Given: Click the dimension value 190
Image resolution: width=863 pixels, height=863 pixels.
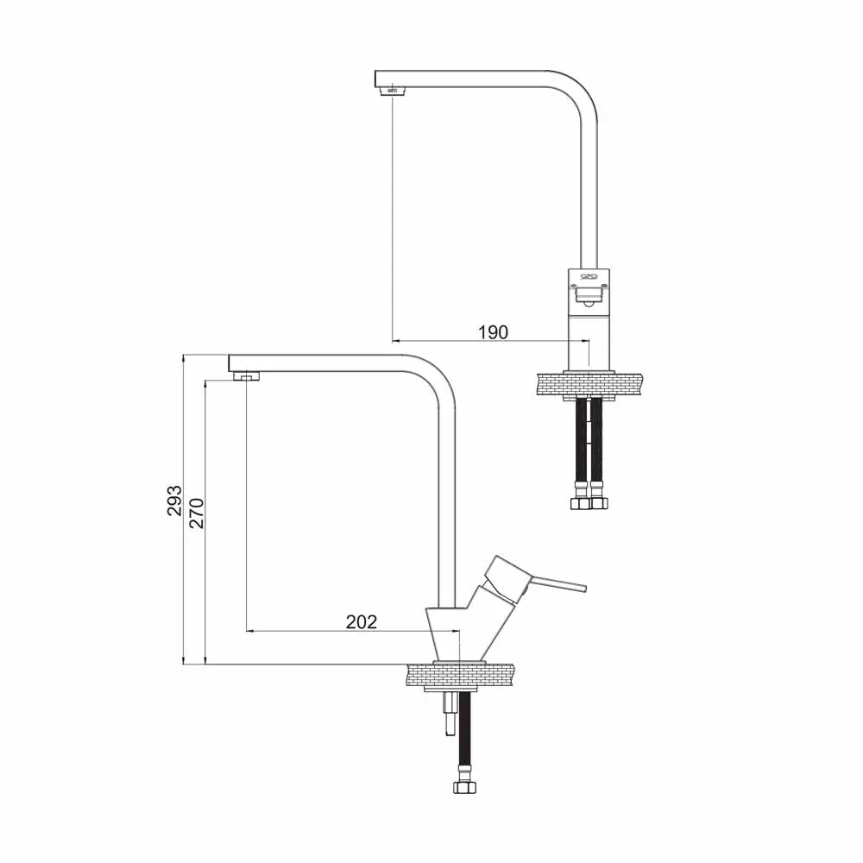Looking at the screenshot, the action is [x=493, y=332].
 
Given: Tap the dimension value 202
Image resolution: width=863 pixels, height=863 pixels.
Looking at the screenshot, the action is [x=362, y=621].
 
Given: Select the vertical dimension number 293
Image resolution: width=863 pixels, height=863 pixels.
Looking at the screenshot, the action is [x=174, y=501].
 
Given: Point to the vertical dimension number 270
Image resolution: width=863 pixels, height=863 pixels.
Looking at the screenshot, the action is [x=197, y=513].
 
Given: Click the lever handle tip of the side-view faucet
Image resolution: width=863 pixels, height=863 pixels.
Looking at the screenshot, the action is [x=583, y=588].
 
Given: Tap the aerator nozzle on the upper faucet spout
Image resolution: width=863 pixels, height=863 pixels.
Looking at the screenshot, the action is [x=393, y=90].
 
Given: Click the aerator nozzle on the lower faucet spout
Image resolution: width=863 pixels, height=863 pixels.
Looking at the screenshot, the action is [x=247, y=376].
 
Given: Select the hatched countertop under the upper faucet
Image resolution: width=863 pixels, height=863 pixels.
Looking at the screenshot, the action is [x=589, y=384].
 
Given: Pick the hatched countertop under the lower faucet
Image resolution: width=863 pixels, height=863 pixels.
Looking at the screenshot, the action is [x=460, y=675].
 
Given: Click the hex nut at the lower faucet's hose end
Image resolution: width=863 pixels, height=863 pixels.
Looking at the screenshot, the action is [x=464, y=786].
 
